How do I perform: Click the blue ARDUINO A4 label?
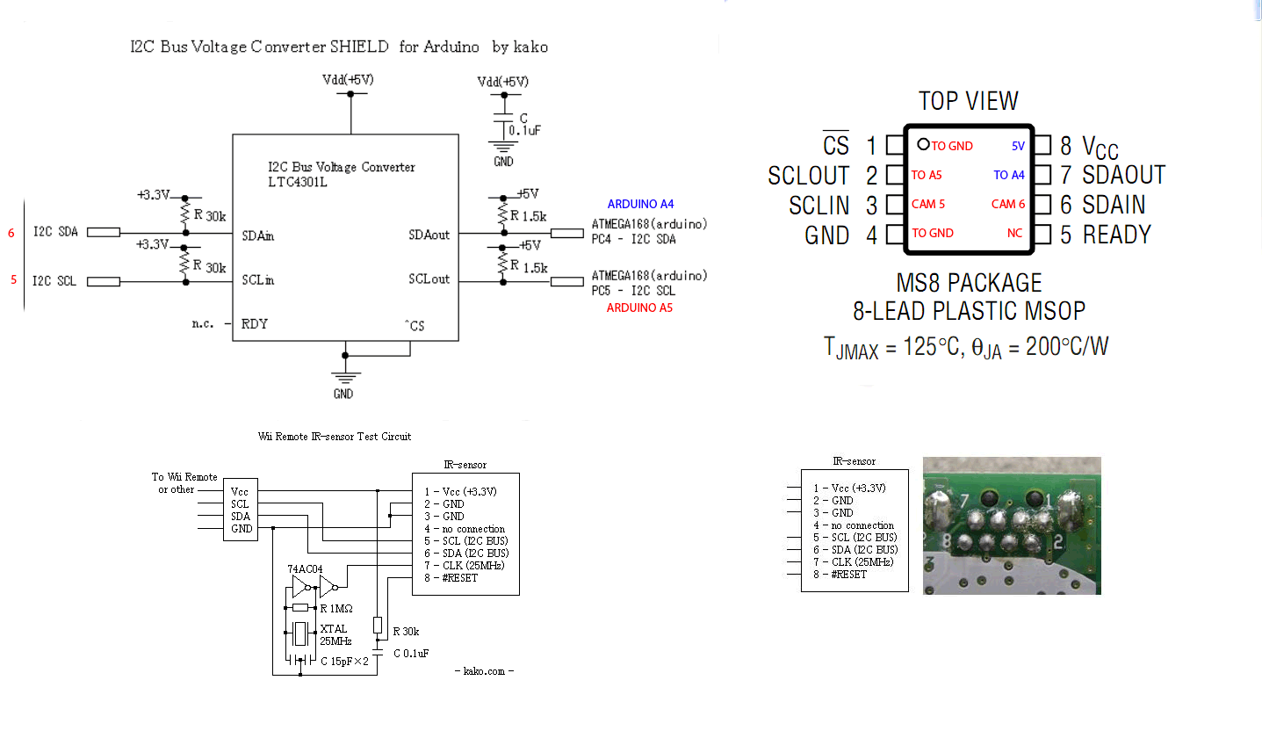click(x=640, y=204)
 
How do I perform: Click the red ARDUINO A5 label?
click(x=639, y=308)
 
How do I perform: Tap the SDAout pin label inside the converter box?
click(x=429, y=235)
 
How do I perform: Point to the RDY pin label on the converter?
click(x=255, y=323)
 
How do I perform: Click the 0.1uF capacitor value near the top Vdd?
click(x=524, y=129)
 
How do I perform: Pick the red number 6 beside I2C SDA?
click(x=11, y=233)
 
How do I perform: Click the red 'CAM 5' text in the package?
click(x=928, y=204)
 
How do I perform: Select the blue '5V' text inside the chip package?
click(x=1018, y=146)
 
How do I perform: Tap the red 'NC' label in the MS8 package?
click(x=1015, y=233)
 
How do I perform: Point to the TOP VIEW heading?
click(x=968, y=101)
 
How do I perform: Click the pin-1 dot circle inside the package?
click(x=922, y=144)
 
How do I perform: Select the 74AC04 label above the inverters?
click(x=306, y=568)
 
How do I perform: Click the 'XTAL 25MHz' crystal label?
click(x=334, y=635)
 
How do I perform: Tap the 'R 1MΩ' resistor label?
click(x=337, y=608)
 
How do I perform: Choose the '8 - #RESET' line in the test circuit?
click(x=451, y=578)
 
